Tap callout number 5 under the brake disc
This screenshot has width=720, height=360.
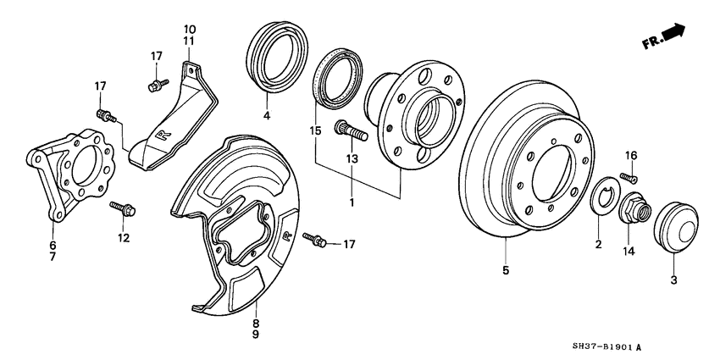(505, 272)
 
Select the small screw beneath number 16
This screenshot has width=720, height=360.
(629, 177)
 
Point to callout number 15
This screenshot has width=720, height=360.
(315, 132)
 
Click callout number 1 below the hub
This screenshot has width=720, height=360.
(352, 203)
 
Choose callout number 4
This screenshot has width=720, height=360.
(266, 115)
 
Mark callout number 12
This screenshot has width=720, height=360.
(124, 238)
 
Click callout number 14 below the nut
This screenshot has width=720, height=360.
(629, 251)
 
